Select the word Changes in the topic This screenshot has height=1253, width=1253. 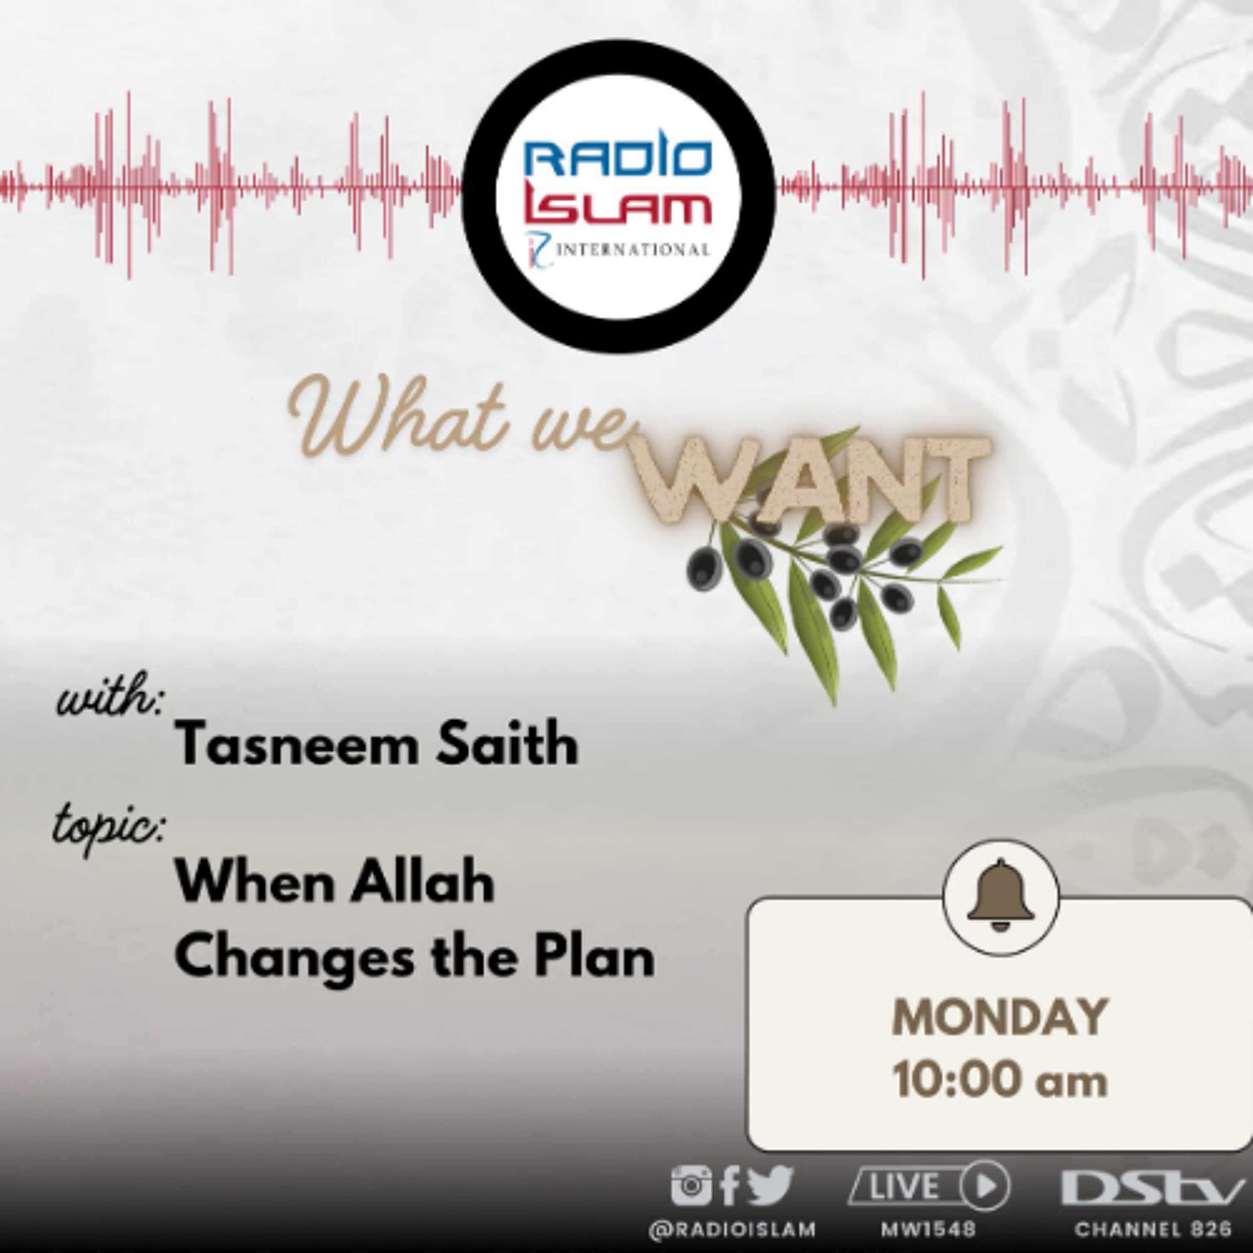click(294, 959)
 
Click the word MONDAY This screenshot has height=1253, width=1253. click(999, 1017)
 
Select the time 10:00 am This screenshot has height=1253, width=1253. click(999, 1080)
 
